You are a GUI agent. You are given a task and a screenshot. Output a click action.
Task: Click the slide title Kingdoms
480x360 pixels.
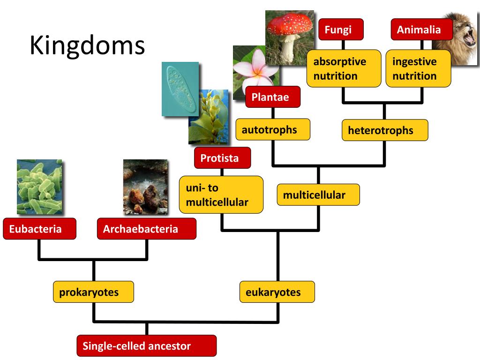87,45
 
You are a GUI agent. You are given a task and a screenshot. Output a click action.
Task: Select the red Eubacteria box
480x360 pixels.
39,229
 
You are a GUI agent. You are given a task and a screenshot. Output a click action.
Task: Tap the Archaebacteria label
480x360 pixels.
147,229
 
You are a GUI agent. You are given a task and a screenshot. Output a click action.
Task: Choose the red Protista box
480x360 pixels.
222,158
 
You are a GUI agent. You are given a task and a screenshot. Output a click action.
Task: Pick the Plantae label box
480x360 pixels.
273,97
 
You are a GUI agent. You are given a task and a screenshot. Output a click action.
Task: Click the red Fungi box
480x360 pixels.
341,30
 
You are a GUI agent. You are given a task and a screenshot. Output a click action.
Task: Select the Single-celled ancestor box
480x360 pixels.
147,346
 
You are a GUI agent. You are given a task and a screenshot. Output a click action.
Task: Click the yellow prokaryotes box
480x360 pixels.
93,292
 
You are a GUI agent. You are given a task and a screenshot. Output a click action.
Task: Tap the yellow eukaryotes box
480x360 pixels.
277,292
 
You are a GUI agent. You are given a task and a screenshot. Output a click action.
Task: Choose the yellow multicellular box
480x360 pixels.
318,195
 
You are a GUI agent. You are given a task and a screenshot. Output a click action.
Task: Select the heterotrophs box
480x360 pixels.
385,130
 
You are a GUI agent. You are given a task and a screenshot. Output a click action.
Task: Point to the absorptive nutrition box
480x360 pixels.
344,68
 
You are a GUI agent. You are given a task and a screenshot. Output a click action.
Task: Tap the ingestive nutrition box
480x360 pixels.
418,68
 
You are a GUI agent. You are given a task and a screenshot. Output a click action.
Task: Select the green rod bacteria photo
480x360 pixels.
39,187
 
